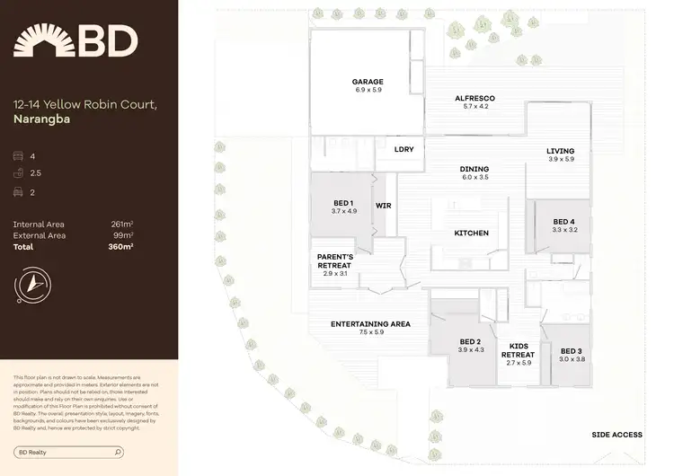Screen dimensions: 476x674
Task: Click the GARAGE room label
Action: (368, 82)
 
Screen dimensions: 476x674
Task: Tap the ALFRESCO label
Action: (474, 98)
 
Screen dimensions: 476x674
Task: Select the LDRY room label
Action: (404, 149)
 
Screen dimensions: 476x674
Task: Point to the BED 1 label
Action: (343, 203)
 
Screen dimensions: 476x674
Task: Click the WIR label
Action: (383, 205)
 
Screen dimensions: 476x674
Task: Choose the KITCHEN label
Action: (471, 234)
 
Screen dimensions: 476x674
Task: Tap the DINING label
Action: (474, 169)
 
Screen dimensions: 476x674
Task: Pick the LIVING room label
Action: (560, 151)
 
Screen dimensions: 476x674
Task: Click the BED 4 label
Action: (563, 222)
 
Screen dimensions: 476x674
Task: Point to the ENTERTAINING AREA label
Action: (370, 324)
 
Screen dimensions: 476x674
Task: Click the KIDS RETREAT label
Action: (520, 350)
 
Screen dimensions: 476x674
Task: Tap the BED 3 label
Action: (572, 351)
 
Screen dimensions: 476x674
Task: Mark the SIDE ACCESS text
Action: (616, 435)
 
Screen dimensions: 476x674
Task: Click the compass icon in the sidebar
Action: (32, 283)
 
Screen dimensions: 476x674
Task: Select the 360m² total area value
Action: (120, 246)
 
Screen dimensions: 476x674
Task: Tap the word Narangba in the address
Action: (42, 118)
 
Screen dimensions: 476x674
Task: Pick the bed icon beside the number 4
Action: (19, 156)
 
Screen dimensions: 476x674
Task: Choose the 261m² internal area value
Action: (121, 224)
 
